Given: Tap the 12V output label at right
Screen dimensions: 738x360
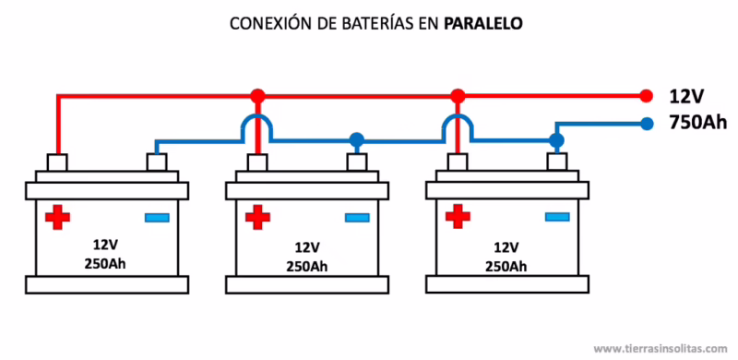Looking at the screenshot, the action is [687, 96].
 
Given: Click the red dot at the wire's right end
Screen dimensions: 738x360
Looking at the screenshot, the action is [646, 95].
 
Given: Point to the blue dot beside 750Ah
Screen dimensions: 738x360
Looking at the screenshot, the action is [646, 122].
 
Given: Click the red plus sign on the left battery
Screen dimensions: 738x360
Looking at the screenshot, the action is [57, 218].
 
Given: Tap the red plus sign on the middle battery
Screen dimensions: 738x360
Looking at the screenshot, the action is [257, 218].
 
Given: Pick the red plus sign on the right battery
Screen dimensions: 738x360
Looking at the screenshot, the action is [457, 217].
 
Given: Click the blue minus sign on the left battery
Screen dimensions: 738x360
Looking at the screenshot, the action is [157, 218].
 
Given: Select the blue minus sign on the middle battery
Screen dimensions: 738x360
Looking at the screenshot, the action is [357, 218].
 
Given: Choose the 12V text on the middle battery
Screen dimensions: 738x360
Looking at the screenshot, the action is [308, 247].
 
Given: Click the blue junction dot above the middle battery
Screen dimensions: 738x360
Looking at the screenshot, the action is [356, 140].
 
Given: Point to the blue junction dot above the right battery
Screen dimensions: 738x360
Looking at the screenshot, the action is [555, 140].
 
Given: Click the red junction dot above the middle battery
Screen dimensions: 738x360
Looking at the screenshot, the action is [256, 95].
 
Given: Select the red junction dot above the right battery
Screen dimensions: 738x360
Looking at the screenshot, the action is [456, 95].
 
